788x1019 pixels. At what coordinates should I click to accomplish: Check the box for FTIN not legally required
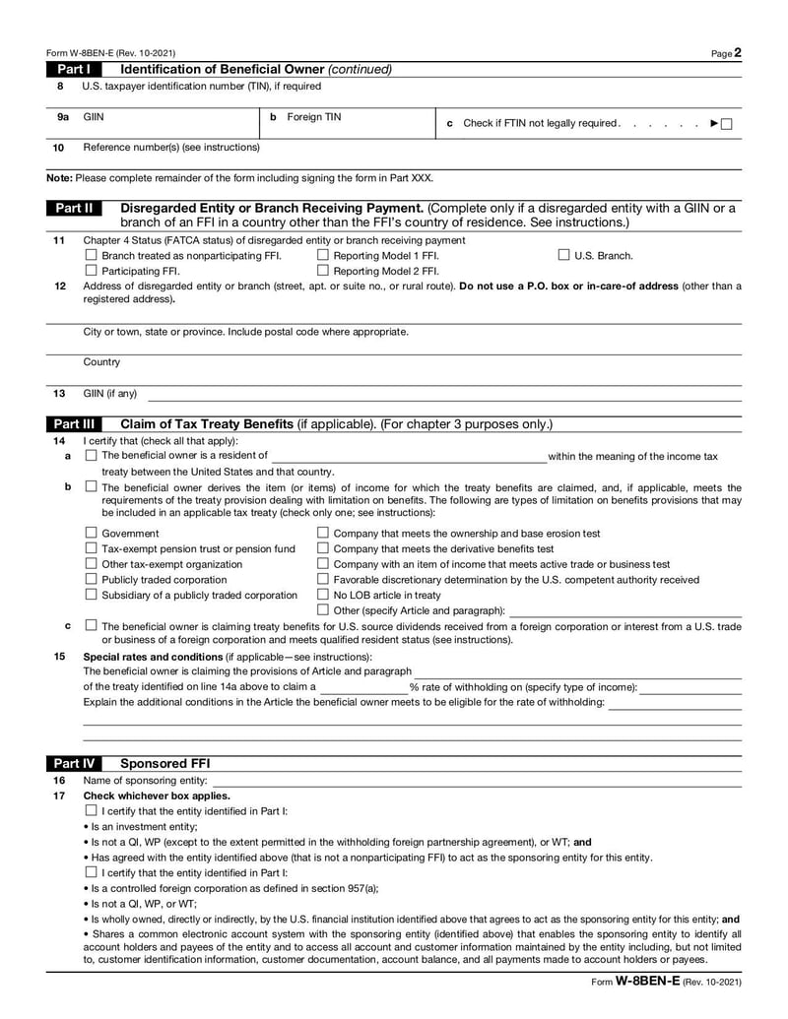click(726, 123)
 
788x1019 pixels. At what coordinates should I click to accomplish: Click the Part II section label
click(74, 209)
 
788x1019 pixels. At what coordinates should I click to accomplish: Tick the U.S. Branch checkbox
click(564, 256)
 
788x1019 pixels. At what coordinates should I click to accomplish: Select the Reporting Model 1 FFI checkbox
click(324, 256)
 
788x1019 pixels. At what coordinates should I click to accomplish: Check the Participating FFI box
click(92, 271)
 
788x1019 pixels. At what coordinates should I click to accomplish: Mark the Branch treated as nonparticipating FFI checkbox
click(92, 256)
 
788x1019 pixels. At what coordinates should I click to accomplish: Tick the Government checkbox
click(92, 534)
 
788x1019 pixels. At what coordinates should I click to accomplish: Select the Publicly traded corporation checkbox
click(92, 580)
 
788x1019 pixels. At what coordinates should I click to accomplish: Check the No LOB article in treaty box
click(323, 595)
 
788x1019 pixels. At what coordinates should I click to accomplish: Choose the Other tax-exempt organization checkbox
click(92, 564)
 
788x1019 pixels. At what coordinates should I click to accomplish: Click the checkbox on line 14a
click(92, 456)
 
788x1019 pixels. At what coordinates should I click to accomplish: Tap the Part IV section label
click(74, 763)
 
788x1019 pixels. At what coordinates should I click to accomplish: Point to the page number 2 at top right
click(737, 53)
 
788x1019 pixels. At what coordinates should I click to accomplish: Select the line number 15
click(59, 657)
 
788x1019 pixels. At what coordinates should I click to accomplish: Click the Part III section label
click(74, 424)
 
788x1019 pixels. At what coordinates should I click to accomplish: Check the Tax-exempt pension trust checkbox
click(92, 548)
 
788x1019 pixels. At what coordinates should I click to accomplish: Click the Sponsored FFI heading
click(164, 763)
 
